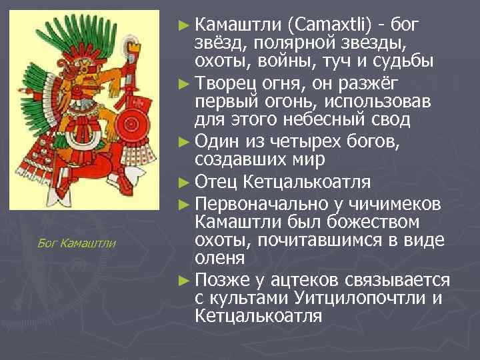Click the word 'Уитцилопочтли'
[349, 297]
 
